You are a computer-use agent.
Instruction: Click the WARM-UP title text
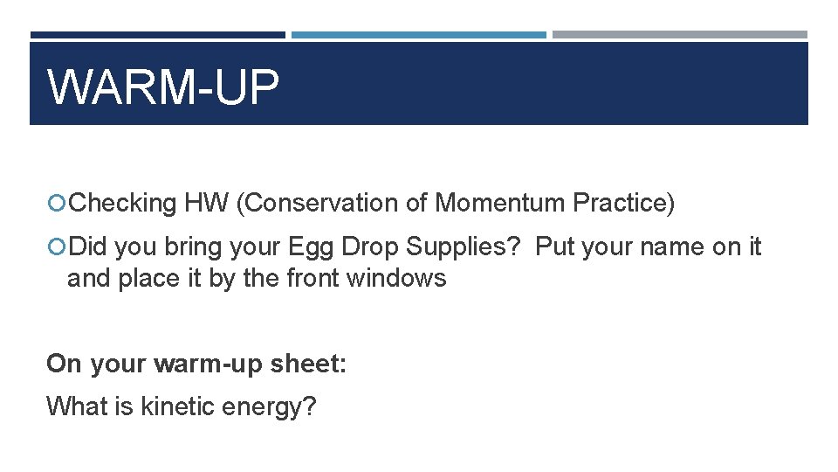coord(163,87)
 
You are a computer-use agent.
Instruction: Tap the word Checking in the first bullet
coord(123,203)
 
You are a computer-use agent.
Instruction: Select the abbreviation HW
coord(206,203)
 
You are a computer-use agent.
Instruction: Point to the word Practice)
coord(623,203)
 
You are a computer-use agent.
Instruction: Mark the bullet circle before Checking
coord(57,204)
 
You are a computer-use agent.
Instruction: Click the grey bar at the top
coord(679,35)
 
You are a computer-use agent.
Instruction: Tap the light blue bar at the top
coord(418,35)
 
